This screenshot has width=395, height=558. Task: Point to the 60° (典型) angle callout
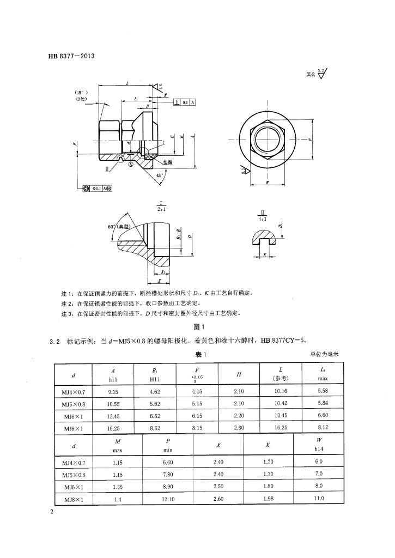(x=121, y=226)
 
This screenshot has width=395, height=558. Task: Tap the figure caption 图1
(x=198, y=327)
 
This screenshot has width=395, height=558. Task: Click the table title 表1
(x=198, y=355)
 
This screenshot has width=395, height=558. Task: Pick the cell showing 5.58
(x=324, y=391)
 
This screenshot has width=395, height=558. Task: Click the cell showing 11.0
(x=319, y=499)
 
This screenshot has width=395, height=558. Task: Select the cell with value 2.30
(x=239, y=428)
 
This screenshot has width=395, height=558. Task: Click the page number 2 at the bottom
(x=51, y=512)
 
